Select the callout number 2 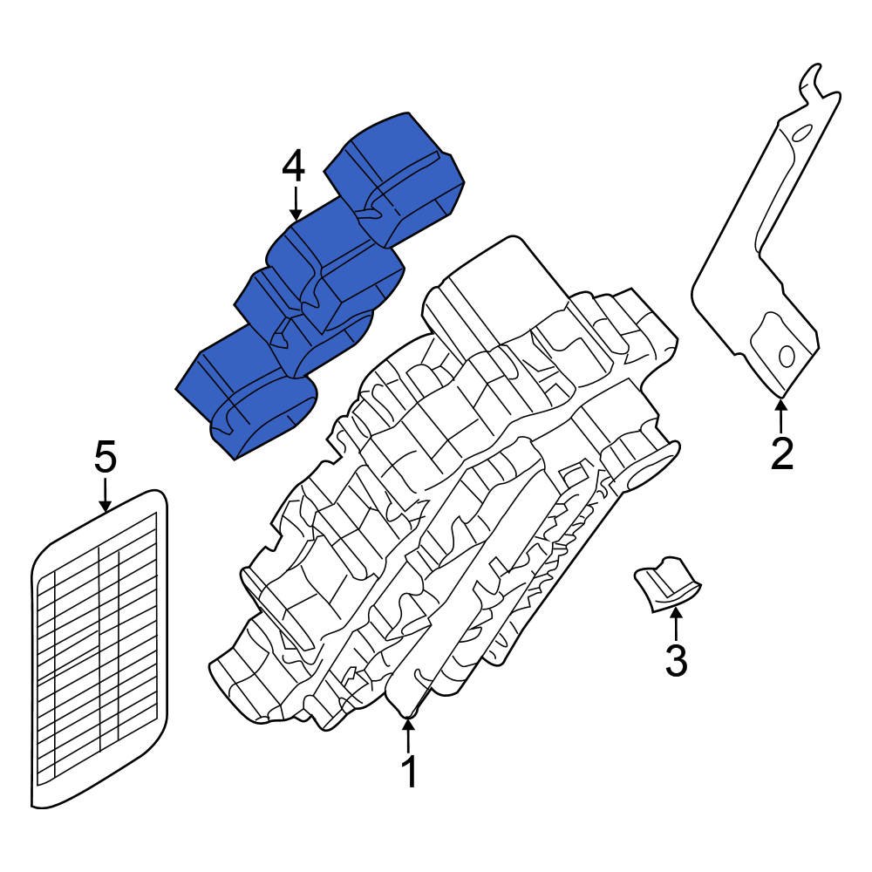pyautogui.click(x=781, y=453)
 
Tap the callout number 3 pyautogui.click(x=676, y=660)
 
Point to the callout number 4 pyautogui.click(x=294, y=166)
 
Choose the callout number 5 pyautogui.click(x=105, y=457)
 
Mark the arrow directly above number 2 pyautogui.click(x=781, y=414)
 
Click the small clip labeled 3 pyautogui.click(x=667, y=586)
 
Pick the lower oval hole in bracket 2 pyautogui.click(x=787, y=356)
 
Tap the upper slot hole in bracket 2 pyautogui.click(x=800, y=132)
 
